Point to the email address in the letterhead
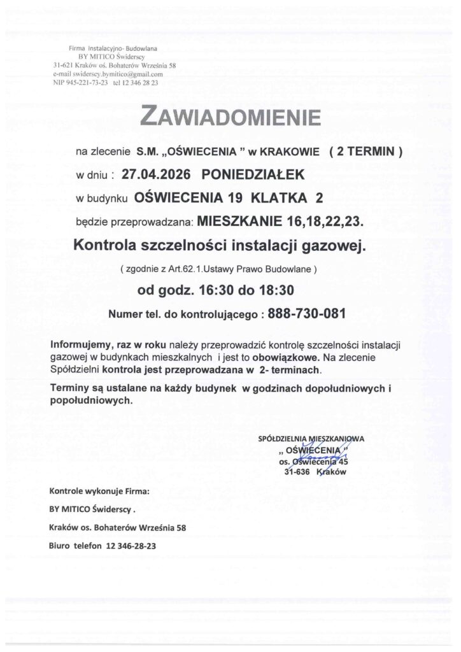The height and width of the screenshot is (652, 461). (104, 74)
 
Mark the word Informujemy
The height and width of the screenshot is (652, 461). (80, 344)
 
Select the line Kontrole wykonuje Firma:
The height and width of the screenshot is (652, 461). (99, 492)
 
